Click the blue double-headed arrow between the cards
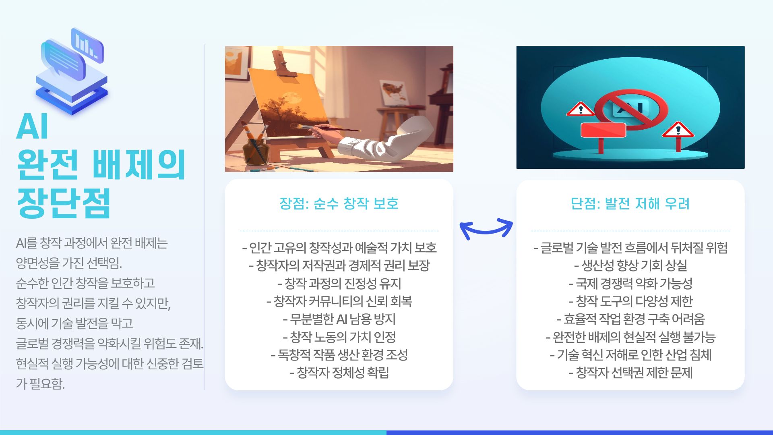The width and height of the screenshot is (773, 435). [486, 228]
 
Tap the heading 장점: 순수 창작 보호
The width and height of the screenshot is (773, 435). [339, 203]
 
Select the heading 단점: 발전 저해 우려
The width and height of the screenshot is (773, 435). [630, 203]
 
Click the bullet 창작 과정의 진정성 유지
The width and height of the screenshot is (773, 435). [339, 284]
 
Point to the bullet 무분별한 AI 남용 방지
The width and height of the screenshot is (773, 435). [339, 319]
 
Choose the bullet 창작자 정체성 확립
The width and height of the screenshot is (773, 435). [339, 373]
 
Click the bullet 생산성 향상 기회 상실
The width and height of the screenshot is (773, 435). [630, 265]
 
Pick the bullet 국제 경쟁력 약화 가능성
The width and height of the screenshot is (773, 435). [630, 284]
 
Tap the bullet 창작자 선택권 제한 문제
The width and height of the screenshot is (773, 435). [630, 373]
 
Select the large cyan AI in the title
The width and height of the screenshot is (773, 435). [32, 126]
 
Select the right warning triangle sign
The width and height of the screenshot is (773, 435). [678, 130]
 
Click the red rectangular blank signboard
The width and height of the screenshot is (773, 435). [603, 130]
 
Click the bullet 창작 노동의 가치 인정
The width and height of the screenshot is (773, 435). [339, 337]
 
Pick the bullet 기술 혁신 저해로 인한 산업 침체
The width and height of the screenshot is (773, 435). [630, 355]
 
